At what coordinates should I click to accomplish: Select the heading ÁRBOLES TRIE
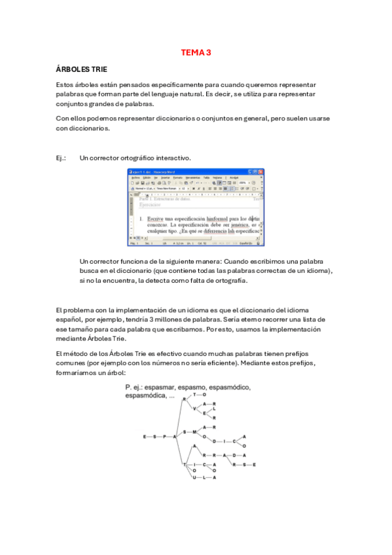tap(82, 69)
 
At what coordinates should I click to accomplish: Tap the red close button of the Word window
tap(261, 171)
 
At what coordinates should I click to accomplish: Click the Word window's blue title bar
tap(190, 171)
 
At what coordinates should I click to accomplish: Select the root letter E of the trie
tap(145, 436)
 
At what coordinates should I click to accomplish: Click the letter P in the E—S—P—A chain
tap(164, 436)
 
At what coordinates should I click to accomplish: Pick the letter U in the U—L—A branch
tap(194, 478)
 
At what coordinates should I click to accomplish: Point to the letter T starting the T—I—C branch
tap(185, 465)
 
